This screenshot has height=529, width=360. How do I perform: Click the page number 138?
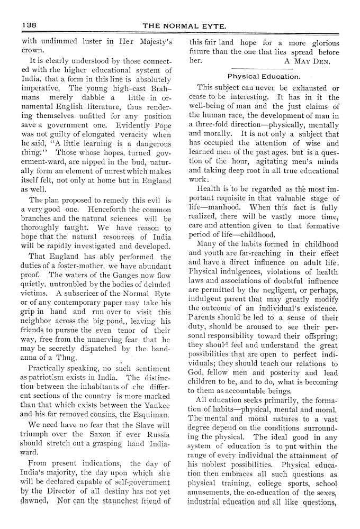pos(29,25)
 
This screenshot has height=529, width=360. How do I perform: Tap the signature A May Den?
pos(307,61)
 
